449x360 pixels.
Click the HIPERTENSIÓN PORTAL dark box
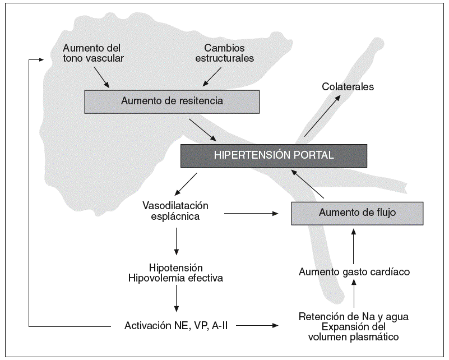point(274,155)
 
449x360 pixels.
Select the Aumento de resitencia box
point(172,101)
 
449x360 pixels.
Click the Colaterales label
point(348,87)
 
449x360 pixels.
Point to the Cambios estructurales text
point(229,53)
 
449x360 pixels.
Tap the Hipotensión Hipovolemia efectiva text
point(177,273)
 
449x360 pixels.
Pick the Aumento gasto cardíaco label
point(354,272)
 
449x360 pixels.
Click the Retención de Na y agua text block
point(354,326)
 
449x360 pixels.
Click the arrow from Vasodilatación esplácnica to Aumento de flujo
point(252,213)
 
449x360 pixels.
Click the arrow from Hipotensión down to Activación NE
point(177,300)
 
